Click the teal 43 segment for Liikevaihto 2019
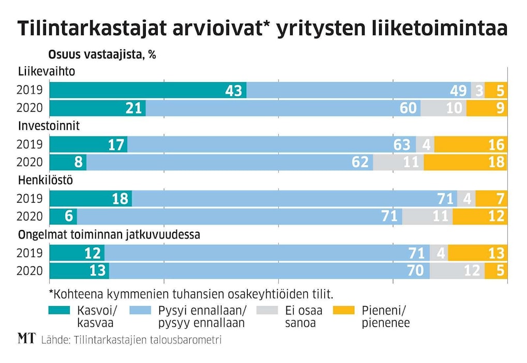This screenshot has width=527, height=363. click(148, 90)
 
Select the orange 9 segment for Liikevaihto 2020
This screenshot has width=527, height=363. click(487, 108)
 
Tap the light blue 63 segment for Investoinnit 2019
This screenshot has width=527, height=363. click(272, 144)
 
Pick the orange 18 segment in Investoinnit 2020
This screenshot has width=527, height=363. click(465, 162)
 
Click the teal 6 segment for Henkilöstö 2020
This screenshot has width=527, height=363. click(63, 216)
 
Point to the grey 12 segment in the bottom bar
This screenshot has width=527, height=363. click(457, 270)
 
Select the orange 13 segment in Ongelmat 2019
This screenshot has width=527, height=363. click(477, 253)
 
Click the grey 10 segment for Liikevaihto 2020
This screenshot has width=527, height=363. click(443, 108)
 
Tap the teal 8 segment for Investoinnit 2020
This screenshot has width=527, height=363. click(68, 162)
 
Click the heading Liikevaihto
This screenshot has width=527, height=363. click(47, 71)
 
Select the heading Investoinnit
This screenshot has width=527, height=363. click(49, 126)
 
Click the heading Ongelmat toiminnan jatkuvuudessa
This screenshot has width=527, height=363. click(109, 235)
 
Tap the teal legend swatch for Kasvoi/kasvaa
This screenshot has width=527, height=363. click(60, 311)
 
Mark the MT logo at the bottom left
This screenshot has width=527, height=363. click(26, 339)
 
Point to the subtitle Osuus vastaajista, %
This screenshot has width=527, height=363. click(102, 55)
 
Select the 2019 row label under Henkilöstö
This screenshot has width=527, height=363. click(29, 199)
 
